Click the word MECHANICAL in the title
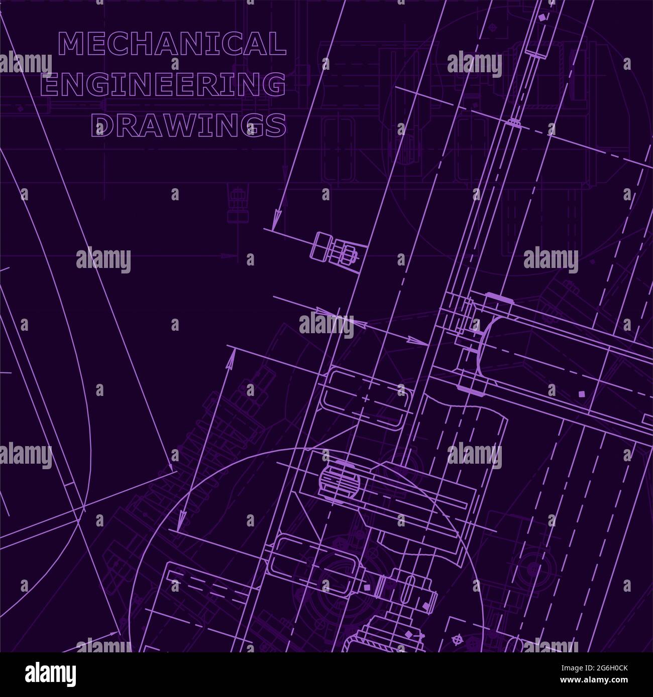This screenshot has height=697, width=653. tap(172, 44)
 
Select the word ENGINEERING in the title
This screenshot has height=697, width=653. tap(163, 84)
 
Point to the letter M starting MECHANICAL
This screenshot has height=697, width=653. tap(70, 44)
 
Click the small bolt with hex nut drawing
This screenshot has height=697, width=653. tap(335, 248)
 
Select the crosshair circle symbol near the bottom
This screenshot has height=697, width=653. tap(457, 641)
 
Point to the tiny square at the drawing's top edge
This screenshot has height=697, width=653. tap(541, 18)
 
